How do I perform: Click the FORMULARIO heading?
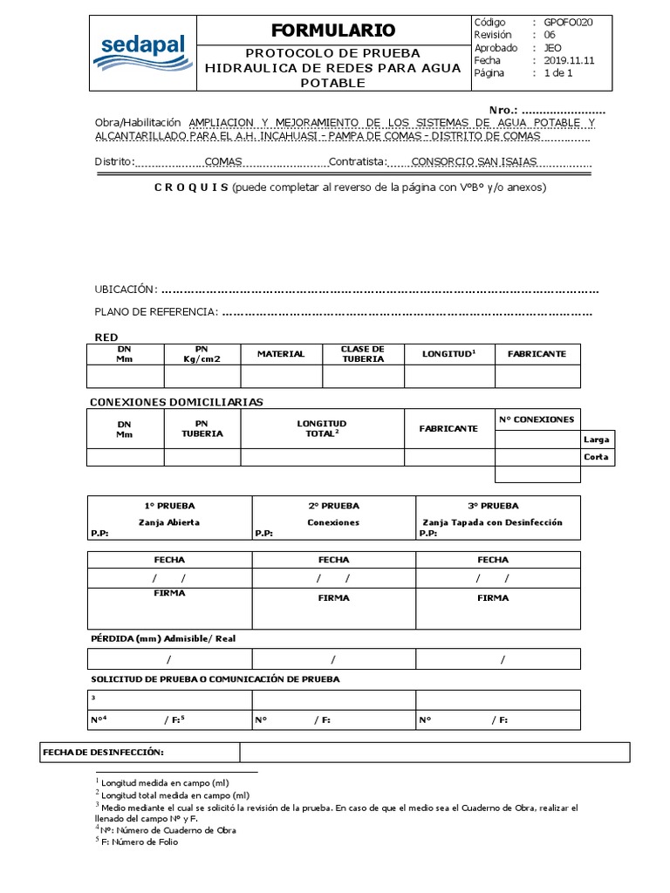point(321,31)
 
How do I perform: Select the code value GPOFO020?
point(568,23)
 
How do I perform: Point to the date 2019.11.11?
point(570,61)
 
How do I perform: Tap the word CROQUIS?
point(191,187)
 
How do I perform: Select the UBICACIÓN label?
point(126,290)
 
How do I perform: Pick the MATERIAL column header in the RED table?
point(281,354)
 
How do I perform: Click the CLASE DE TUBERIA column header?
point(363,354)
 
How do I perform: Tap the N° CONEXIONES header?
point(537,419)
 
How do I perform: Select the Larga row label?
point(597,439)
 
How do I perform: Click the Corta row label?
point(597,457)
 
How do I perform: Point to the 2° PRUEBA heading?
point(333,506)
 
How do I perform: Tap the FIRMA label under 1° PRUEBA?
point(169,593)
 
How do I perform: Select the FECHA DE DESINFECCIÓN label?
point(104,752)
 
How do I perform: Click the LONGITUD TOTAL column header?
point(322,427)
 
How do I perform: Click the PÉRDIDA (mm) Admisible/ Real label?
point(163,639)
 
